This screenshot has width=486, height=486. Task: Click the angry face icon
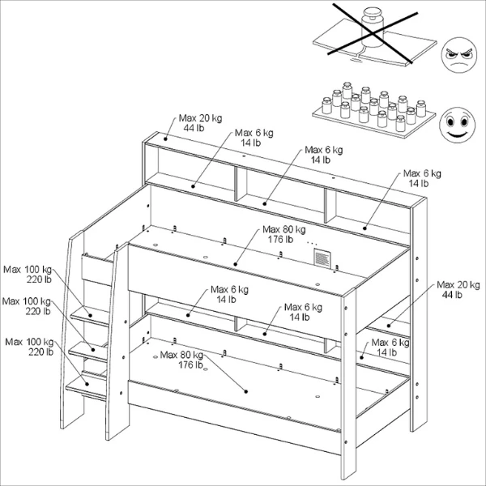pos(458,55)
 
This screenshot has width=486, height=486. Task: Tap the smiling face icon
pos(457,125)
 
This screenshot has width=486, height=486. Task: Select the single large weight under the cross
pos(373,28)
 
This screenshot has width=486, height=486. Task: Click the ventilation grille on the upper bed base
pos(322,258)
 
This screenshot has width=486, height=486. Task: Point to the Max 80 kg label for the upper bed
pos(283,234)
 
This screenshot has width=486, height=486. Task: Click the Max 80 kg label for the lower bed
pos(181,360)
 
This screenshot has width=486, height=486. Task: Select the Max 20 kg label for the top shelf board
pos(200,123)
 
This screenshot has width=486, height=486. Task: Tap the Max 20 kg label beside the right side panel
pos(458,289)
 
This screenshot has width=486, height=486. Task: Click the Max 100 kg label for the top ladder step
pos(28,275)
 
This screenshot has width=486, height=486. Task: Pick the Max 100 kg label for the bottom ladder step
pos(29,347)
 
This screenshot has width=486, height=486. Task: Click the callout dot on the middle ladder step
pos(93,350)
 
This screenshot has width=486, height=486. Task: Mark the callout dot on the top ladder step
pos(91,315)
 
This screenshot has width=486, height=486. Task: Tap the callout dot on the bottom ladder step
pos(87,384)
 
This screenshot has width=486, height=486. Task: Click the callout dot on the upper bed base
pos(235,264)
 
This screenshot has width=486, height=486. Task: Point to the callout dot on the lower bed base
pos(245,392)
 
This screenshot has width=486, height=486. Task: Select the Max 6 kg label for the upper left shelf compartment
pos(254,138)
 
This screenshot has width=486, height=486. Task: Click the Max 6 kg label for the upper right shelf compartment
pos(422,178)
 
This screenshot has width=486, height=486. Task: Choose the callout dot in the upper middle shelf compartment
pos(264,203)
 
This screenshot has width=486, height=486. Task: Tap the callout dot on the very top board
pos(165,139)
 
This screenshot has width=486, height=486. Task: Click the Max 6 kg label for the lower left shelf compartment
pos(229,295)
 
